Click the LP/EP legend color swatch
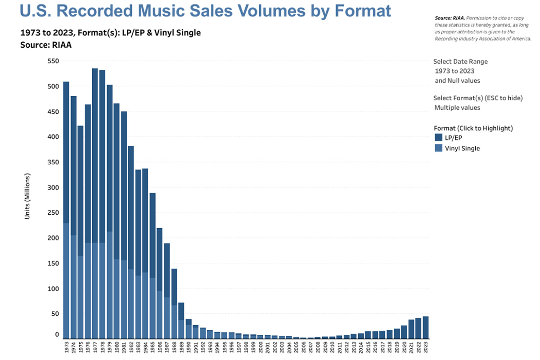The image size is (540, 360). [439, 138]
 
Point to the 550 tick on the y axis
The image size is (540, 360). [54, 61]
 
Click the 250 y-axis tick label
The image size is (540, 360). [54, 213]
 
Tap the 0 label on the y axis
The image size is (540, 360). [57, 335]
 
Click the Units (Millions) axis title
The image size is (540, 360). [27, 196]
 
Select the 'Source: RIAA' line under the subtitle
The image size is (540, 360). [46, 45]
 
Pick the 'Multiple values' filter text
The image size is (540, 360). [457, 108]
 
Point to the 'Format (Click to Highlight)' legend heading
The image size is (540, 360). [473, 128]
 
